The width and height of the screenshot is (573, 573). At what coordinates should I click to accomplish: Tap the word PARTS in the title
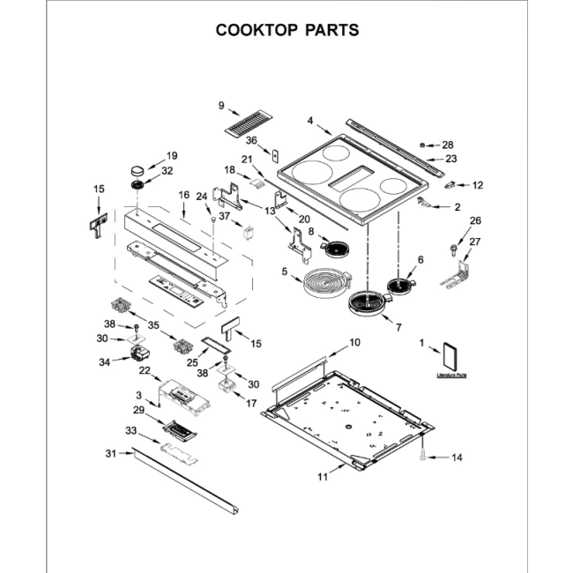(331, 30)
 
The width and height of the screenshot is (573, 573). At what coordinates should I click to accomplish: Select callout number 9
(221, 107)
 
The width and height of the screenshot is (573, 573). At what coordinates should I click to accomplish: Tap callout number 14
(457, 458)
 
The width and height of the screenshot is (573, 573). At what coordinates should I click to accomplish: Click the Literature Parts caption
(451, 376)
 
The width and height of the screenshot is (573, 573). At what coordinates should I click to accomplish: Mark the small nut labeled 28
(424, 144)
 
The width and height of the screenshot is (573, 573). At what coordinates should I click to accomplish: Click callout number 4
(310, 121)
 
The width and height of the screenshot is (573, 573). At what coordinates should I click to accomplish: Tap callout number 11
(323, 477)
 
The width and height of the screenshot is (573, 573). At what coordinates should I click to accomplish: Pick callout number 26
(475, 220)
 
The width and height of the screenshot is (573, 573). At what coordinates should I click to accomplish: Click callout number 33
(130, 431)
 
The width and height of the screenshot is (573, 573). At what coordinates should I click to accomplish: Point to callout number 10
(355, 341)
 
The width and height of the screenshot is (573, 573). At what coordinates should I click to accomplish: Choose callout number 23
(451, 160)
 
